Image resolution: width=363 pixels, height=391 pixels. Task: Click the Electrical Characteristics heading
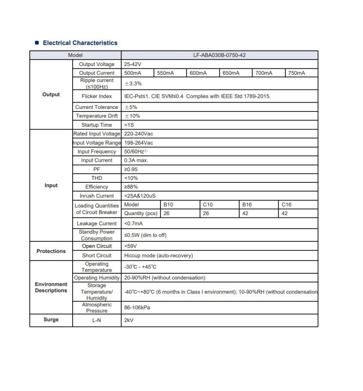[x=80, y=43]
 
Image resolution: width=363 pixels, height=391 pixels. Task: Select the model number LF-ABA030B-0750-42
[x=219, y=56]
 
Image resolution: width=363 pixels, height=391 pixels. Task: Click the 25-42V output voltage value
[x=133, y=65]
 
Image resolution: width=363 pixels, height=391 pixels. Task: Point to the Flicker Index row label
[x=97, y=96]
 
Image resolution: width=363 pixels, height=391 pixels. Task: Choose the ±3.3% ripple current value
[x=133, y=84]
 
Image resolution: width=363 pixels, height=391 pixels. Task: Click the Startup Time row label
[x=97, y=125]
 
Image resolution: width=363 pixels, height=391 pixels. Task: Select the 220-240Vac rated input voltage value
[x=139, y=134]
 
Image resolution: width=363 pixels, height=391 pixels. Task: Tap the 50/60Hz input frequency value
[x=135, y=152]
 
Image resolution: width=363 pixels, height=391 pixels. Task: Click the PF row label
[x=97, y=169]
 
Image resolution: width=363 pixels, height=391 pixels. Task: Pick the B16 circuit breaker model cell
[x=247, y=205]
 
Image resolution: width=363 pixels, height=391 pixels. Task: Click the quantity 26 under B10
[x=167, y=214]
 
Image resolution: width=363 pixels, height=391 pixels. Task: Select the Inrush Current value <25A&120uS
[x=140, y=196]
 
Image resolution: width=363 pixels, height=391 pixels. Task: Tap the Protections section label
[x=51, y=251]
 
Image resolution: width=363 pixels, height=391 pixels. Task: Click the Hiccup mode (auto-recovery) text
[x=159, y=256]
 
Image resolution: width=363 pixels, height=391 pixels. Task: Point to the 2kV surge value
[x=129, y=321]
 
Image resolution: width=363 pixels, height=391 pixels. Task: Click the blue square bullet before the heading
[x=37, y=43]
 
